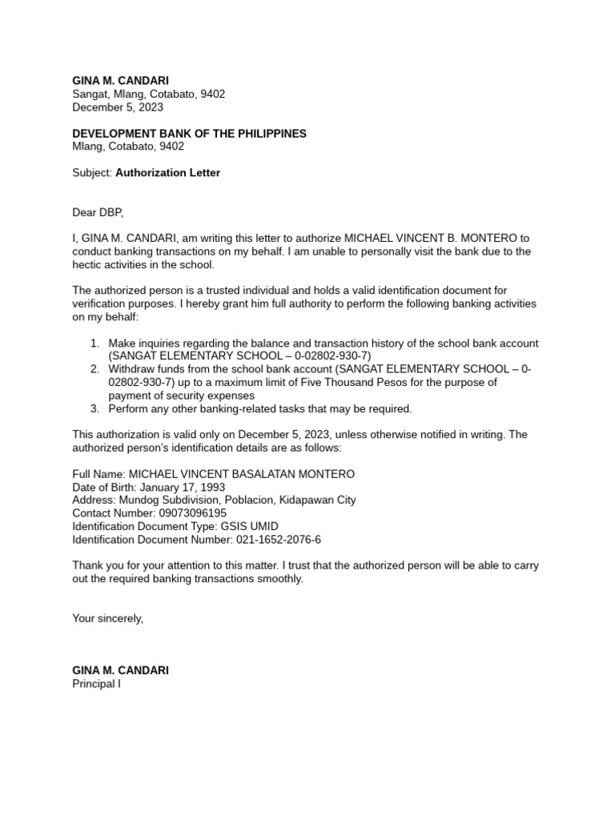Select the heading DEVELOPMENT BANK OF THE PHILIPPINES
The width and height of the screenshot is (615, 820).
[189, 134]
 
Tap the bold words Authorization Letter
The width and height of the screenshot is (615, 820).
[167, 172]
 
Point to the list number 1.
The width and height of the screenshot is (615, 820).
[94, 343]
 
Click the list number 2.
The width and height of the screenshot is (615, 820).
[94, 369]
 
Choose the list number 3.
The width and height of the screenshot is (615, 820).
[94, 408]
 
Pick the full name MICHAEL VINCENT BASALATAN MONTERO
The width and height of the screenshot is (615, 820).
[242, 474]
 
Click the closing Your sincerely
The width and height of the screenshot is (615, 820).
[108, 617]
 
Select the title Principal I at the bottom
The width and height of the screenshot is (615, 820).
[96, 684]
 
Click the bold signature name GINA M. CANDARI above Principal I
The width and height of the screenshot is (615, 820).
[120, 670]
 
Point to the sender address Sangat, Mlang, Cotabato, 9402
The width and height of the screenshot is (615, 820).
[149, 94]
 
